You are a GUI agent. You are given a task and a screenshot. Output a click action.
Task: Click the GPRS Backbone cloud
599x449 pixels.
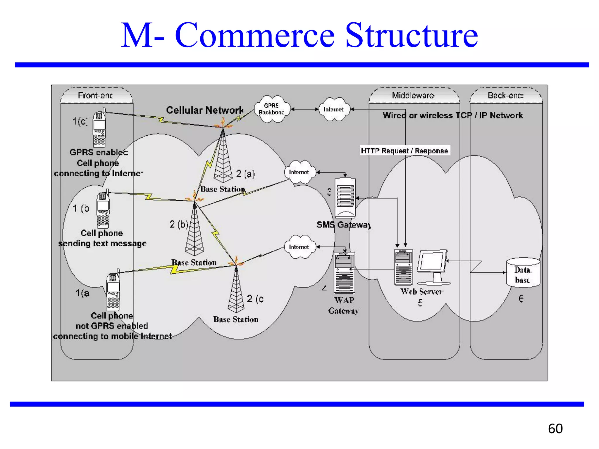pos(272,109)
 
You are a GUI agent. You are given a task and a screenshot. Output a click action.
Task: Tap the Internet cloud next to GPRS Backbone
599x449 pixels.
pos(334,109)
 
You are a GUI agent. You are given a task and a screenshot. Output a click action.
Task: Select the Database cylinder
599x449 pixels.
pos(523,272)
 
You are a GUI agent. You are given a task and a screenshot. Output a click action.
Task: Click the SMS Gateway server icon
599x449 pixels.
pos(345,198)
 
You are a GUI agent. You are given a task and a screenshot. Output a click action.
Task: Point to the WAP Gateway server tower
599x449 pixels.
pos(345,272)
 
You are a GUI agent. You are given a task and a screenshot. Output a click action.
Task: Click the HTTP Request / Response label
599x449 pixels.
pos(404,151)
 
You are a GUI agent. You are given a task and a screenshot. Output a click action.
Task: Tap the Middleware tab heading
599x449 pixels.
pos(413,95)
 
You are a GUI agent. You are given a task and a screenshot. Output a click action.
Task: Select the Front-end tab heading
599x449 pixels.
pos(95,95)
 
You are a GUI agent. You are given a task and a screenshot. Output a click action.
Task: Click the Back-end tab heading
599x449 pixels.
pos(505,95)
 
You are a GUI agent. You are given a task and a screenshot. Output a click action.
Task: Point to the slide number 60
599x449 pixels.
pos(555,429)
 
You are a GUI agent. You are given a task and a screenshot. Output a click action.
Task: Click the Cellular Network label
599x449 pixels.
pos(205,110)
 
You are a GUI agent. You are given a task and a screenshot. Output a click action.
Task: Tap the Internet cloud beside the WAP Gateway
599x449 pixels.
pos(299,247)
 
